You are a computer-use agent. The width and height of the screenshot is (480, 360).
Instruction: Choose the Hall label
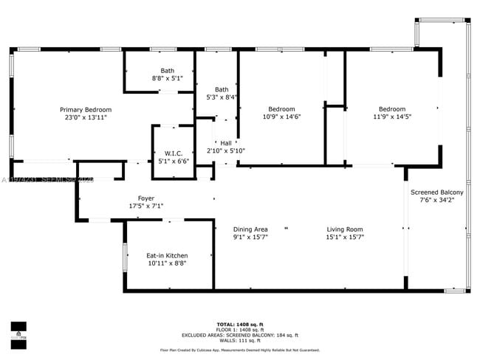pyautogui.click(x=225, y=143)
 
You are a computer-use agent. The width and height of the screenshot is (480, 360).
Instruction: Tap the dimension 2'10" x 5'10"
pyautogui.click(x=225, y=150)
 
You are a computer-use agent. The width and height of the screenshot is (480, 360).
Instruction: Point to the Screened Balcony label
pyautogui.click(x=437, y=193)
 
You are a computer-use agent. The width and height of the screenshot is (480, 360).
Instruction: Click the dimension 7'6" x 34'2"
pyautogui.click(x=437, y=200)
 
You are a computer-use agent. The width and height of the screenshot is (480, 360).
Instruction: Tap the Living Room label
pyautogui.click(x=345, y=229)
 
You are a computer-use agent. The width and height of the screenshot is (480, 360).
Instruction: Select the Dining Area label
pyautogui.click(x=250, y=229)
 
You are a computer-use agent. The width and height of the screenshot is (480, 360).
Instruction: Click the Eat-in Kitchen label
pyautogui.click(x=167, y=255)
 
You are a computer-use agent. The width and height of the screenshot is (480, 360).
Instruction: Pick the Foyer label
pyautogui.click(x=145, y=198)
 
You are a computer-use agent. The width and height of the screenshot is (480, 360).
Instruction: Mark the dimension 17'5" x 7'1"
pyautogui.click(x=145, y=207)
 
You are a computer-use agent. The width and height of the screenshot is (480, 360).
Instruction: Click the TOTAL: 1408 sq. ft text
pyautogui.click(x=240, y=325)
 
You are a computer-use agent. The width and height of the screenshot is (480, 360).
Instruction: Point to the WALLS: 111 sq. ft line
pyautogui.click(x=240, y=340)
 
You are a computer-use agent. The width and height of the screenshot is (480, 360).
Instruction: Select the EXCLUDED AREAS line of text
pyautogui.click(x=240, y=335)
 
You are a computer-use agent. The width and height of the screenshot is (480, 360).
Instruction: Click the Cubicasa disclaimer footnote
pyautogui.click(x=240, y=350)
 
